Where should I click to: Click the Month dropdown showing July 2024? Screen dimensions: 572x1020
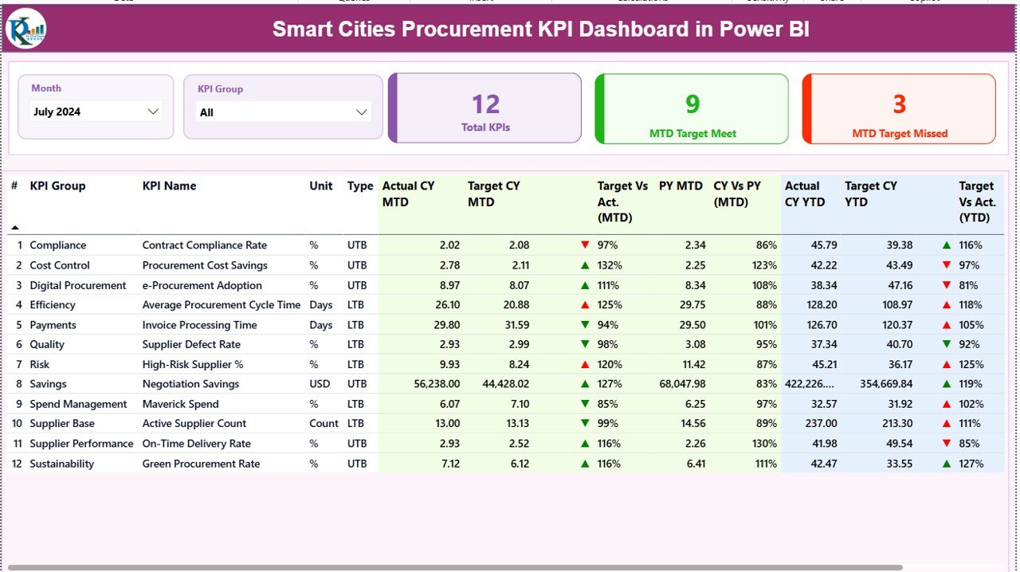96,112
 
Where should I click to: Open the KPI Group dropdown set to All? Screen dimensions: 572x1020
283,112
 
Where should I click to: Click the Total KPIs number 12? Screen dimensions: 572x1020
485,104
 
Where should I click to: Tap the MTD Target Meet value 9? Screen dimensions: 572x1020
692,104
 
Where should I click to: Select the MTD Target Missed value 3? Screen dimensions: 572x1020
900,104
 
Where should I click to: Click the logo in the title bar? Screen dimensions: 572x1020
25,29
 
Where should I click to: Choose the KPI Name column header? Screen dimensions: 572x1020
169,186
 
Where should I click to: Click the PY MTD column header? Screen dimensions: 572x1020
681,186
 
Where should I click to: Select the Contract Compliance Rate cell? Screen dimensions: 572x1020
204,245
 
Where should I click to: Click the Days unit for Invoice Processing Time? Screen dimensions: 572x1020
321,325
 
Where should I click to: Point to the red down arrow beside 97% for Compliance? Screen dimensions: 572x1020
586,245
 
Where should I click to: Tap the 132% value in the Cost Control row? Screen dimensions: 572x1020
607,265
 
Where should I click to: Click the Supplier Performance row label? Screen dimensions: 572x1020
81,444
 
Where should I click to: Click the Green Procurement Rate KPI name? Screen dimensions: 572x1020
201,464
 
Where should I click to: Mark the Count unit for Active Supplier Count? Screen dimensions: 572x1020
324,424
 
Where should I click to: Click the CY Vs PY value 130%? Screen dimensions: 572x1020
763,444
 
